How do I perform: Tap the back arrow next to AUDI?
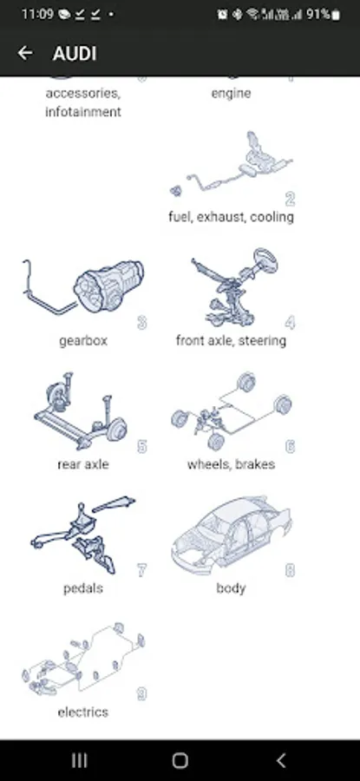(x=25, y=53)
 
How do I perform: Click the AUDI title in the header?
(x=75, y=53)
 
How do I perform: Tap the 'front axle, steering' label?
(x=231, y=341)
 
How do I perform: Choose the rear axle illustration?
(x=80, y=411)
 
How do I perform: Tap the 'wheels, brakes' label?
(x=231, y=464)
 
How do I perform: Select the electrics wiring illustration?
(x=82, y=658)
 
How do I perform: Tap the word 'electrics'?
(x=82, y=712)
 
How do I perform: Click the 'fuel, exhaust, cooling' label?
(x=231, y=217)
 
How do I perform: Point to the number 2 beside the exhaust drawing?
(x=291, y=199)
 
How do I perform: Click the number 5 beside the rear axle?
(x=142, y=446)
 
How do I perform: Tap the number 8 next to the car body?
(x=290, y=570)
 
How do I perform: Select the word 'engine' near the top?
(x=231, y=93)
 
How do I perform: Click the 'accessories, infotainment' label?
(x=83, y=102)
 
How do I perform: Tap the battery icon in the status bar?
(x=336, y=15)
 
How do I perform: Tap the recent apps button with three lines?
(x=80, y=760)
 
